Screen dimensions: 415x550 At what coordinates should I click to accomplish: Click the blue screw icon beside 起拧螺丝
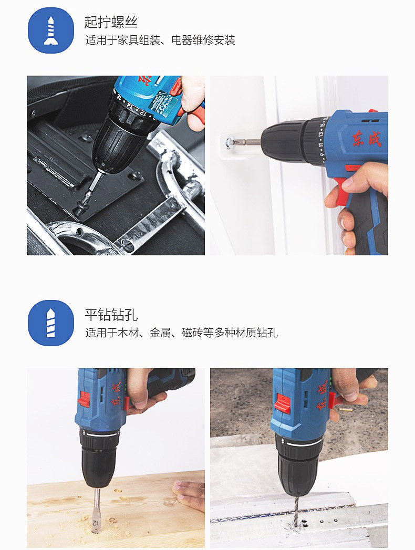pyautogui.click(x=51, y=30)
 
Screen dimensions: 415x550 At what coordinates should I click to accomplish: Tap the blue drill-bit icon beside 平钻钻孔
pyautogui.click(x=51, y=323)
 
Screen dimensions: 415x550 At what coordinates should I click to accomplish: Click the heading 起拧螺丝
pyautogui.click(x=111, y=22)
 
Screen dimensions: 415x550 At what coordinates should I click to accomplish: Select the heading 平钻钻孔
pyautogui.click(x=111, y=314)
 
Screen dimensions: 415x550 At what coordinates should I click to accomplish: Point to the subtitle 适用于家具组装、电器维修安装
pyautogui.click(x=160, y=40)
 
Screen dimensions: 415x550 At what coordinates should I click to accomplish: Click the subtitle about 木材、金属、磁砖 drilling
pyautogui.click(x=181, y=332)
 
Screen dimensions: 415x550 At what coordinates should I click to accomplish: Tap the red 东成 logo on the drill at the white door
pyautogui.click(x=367, y=139)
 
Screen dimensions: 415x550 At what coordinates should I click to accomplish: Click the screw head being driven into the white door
pyautogui.click(x=230, y=143)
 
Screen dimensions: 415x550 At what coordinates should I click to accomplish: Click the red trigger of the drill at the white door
pyautogui.click(x=341, y=191)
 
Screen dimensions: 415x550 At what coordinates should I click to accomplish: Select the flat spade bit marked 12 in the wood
pyautogui.click(x=96, y=511)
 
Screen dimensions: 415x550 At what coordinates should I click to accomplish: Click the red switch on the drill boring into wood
pyautogui.click(x=84, y=400)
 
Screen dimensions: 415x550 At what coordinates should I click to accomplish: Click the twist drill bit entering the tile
pyautogui.click(x=295, y=512)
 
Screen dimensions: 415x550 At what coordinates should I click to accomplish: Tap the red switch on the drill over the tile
pyautogui.click(x=283, y=404)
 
